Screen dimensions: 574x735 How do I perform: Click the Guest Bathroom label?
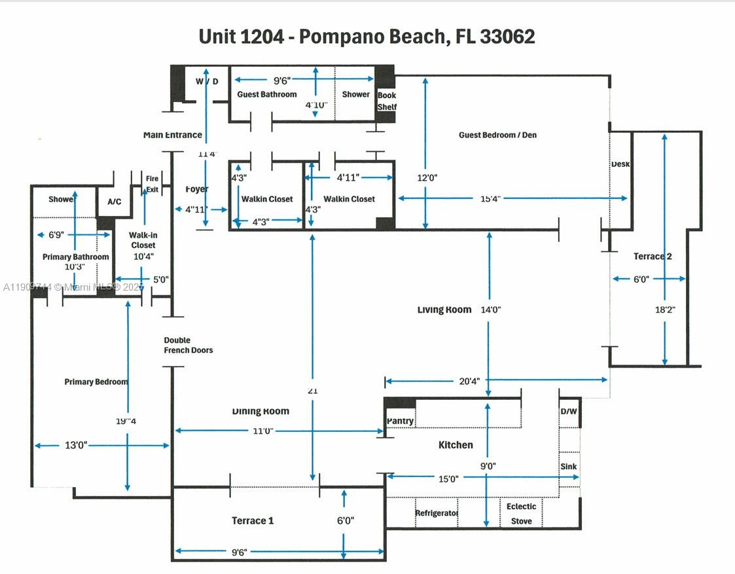coord(267,94)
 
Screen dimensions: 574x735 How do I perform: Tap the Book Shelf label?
coord(387,101)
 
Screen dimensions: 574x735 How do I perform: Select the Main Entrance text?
coord(173,135)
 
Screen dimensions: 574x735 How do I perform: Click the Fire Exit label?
coord(152,184)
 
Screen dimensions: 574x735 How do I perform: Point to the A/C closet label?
coord(114,202)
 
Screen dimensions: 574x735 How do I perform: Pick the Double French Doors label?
coord(188,345)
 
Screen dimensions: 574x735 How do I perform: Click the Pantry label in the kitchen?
coord(400,421)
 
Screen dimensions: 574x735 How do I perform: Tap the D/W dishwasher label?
coord(568,412)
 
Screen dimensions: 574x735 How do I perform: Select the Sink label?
coord(568,467)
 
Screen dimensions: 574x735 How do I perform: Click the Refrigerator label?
coord(437,513)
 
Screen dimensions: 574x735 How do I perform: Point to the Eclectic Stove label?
coord(522,513)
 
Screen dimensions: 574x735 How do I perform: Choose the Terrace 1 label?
coord(253,520)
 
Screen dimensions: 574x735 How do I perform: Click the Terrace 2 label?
coord(653,257)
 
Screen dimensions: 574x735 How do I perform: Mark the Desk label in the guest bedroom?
coord(620,164)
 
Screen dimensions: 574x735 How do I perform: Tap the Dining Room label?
coord(260,411)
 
